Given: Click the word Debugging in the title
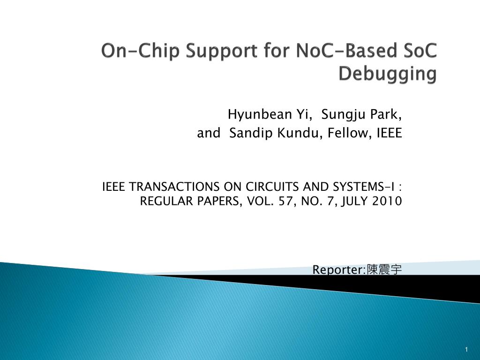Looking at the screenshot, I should [x=387, y=74].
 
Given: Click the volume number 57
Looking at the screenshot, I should [x=287, y=202].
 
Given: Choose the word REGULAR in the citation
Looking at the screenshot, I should [x=164, y=202].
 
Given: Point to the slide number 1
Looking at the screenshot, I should [x=467, y=350].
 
